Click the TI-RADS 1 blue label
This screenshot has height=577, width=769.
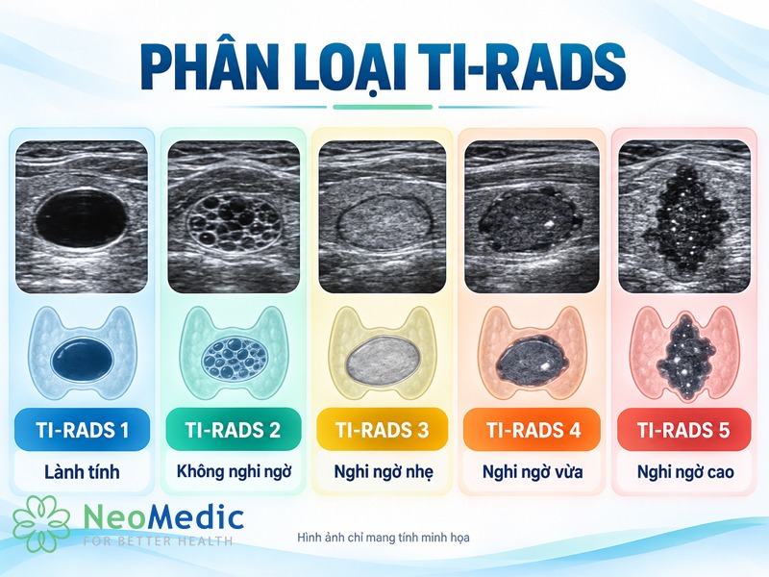[x=82, y=429]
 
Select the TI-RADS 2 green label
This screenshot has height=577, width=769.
[x=233, y=429]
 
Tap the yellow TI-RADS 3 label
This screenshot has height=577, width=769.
[x=382, y=429]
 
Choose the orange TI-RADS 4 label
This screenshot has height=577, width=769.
[x=533, y=429]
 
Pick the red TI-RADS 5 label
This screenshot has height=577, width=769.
[x=683, y=429]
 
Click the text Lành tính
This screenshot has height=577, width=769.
[x=82, y=472]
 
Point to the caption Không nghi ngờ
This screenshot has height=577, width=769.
[x=234, y=472]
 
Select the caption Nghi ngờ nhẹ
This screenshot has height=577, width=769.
[x=384, y=472]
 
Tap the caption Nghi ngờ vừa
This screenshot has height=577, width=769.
[x=533, y=472]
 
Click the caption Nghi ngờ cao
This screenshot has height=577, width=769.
[x=685, y=472]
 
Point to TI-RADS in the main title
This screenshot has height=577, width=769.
[x=524, y=67]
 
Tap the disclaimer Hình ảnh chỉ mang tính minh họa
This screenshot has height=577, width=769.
[x=383, y=538]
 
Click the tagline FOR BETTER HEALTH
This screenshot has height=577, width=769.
[x=158, y=541]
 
